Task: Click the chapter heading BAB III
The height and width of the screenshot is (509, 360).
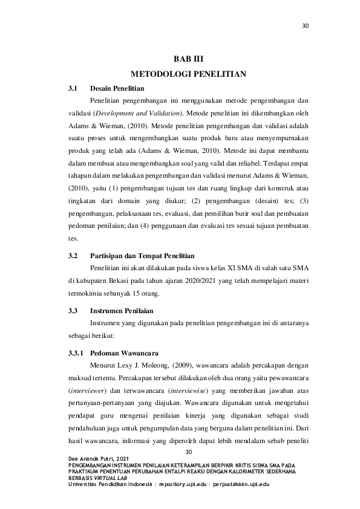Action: point(188,60)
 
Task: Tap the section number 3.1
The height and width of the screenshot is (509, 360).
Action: point(74,88)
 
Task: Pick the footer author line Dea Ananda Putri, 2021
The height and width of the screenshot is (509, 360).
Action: point(99,459)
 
